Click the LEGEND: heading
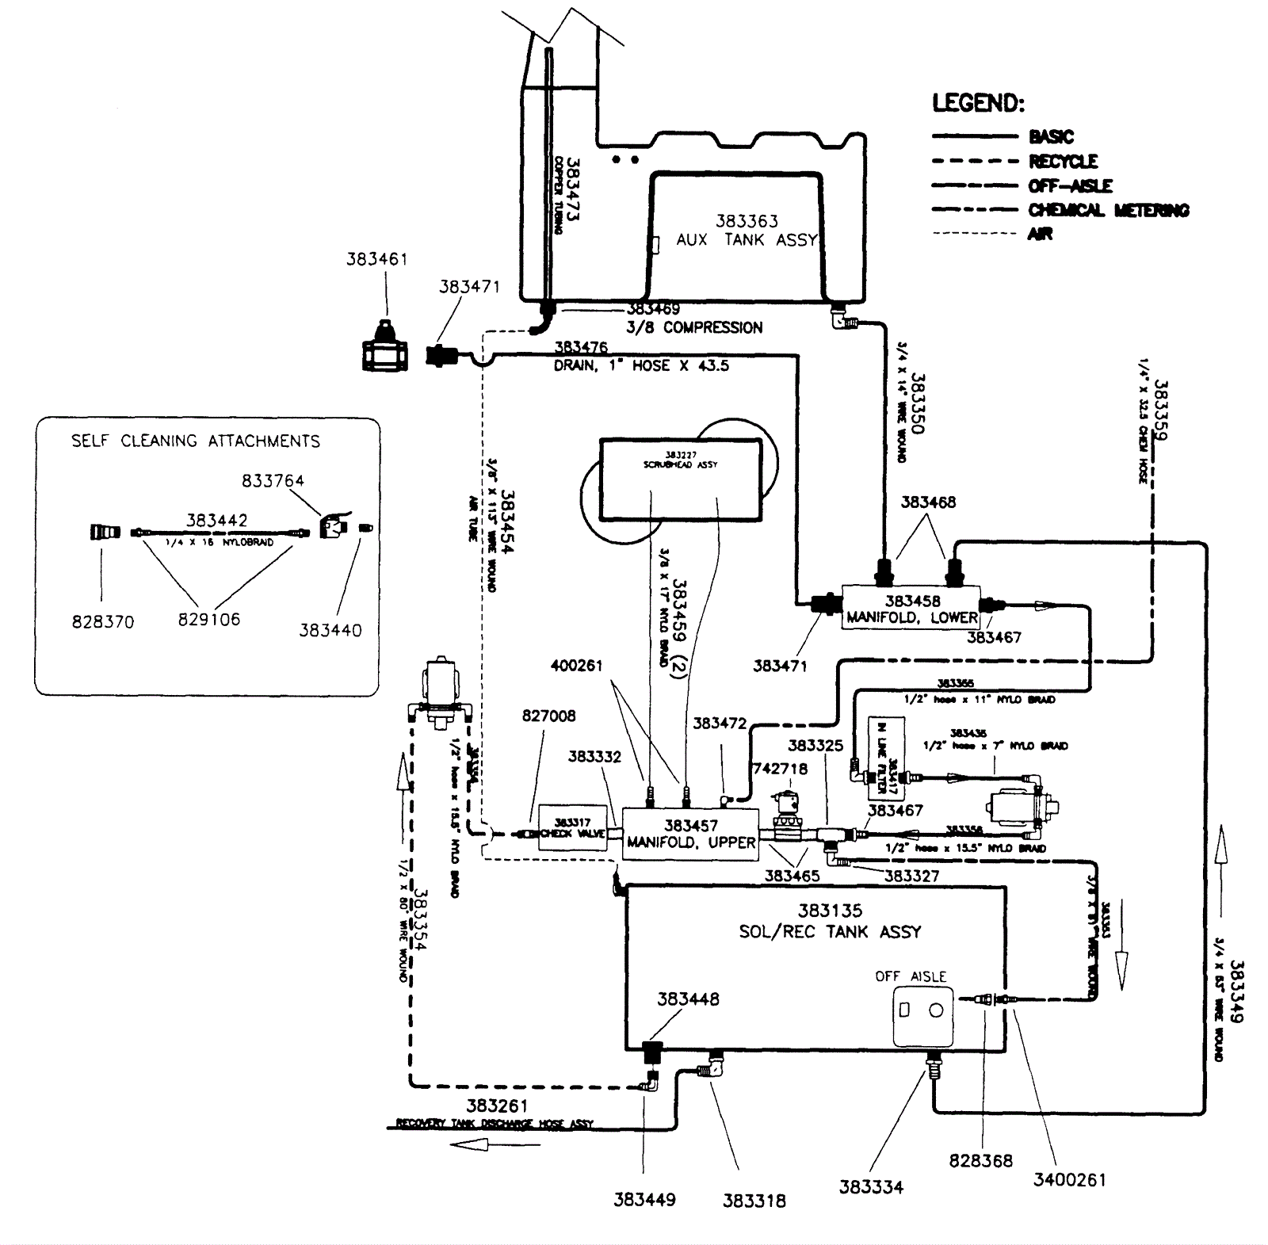pos(978,103)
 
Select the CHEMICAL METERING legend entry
pos(1108,210)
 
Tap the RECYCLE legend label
pos(1063,162)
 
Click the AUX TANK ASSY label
pos(746,239)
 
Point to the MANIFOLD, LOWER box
pos(911,609)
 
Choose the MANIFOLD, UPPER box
pos(690,834)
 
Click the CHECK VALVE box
pos(572,828)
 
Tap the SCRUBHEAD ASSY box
pos(680,479)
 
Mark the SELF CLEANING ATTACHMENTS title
pos(195,441)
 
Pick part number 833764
pos(273,480)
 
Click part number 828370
pos(103,622)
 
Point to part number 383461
pos(376,259)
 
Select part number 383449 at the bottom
pos(644,1200)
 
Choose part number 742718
pos(781,769)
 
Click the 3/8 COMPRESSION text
pos(694,327)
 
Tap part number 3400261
pos(1069,1180)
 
